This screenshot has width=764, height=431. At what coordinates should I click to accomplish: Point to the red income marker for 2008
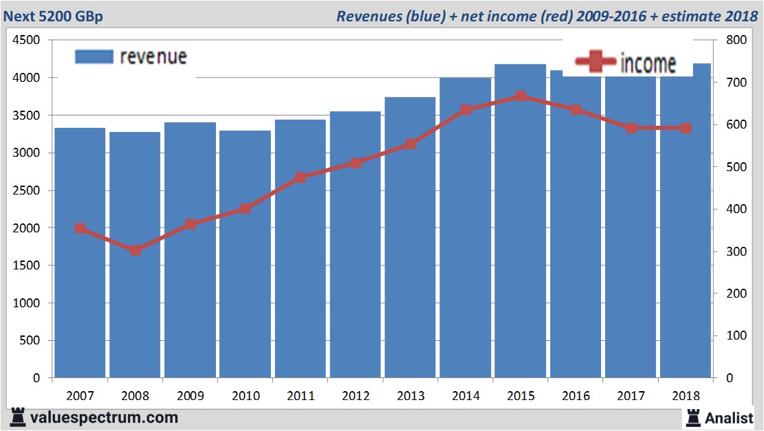click(135, 250)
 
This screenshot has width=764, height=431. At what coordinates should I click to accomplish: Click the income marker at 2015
click(521, 96)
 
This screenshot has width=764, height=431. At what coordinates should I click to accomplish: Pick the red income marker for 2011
click(301, 177)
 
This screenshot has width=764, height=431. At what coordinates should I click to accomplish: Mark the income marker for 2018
click(686, 128)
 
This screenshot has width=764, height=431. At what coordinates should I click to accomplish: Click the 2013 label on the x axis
click(411, 396)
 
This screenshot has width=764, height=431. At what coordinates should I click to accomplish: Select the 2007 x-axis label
click(80, 396)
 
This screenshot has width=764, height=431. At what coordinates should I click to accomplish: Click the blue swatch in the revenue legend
click(94, 56)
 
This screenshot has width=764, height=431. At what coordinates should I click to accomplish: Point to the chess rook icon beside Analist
click(692, 417)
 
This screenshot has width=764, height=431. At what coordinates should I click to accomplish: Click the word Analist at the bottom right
click(729, 417)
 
